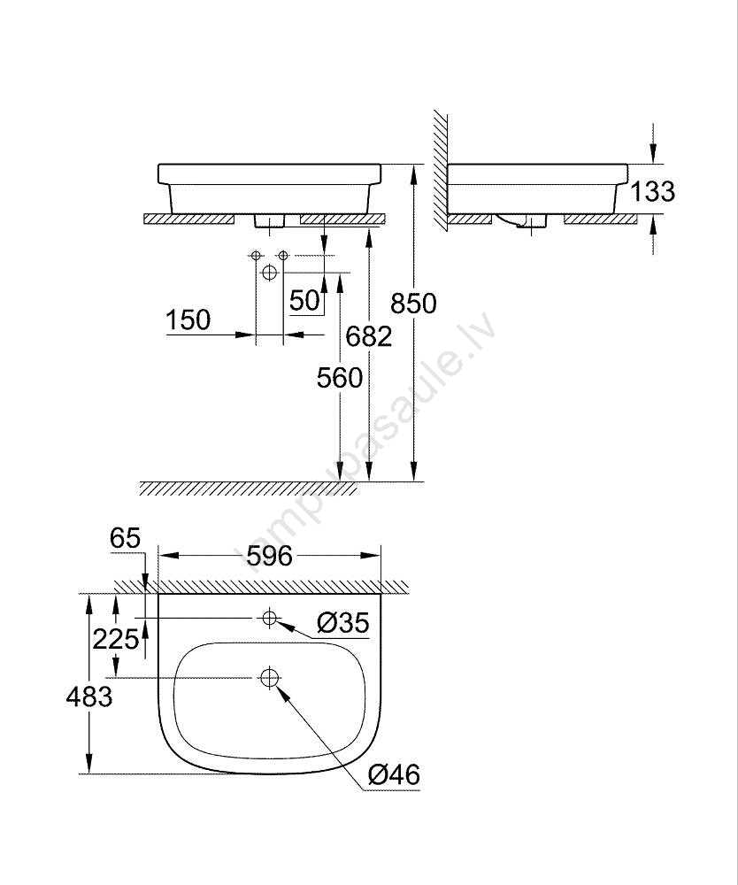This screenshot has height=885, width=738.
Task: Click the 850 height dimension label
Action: pos(413,304)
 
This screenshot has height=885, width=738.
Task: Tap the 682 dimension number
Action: pos(368,336)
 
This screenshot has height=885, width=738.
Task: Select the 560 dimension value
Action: pos(339,378)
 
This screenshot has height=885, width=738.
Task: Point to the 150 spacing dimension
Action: pos(188,320)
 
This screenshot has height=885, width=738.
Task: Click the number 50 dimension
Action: pos(304,300)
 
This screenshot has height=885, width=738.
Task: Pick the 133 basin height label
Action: pos(652,191)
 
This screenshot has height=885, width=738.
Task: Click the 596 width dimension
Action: pos(270,556)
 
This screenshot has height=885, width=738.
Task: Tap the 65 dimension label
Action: pos(126,538)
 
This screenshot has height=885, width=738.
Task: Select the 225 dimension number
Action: pos(116,640)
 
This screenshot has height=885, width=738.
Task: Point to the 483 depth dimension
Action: pos(89,696)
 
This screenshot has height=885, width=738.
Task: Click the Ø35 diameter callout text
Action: pos(343,623)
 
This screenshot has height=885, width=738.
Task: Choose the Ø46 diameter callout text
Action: pos(394,774)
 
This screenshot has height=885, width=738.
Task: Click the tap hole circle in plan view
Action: pos(270,618)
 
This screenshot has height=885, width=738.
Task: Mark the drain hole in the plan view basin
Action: pos(270,677)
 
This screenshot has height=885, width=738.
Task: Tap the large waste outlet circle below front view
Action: pos(270,273)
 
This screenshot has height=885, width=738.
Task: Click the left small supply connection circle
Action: pos(256,256)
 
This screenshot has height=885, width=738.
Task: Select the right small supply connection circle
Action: pos(284,256)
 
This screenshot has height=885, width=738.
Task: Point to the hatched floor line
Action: pos(249,489)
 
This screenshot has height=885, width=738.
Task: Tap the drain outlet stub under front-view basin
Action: pos(270,220)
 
